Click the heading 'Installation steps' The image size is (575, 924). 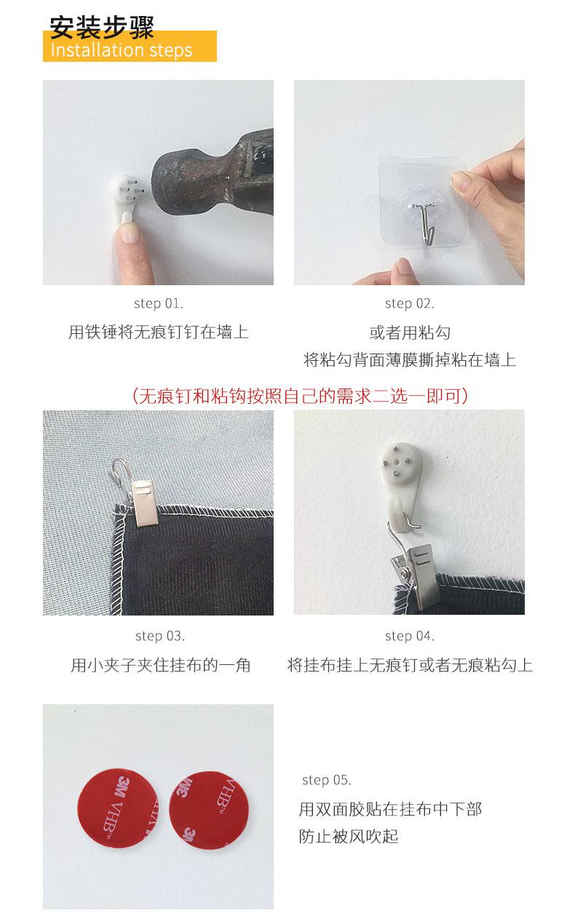tap(122, 50)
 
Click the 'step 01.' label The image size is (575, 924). tap(159, 303)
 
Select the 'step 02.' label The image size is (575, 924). tap(409, 303)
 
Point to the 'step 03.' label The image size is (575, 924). tap(159, 636)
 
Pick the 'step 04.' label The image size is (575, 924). tap(409, 636)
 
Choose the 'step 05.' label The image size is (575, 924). tap(326, 780)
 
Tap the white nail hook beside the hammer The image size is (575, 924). tap(124, 194)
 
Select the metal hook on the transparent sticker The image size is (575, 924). tap(426, 218)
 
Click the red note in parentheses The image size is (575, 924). tap(299, 396)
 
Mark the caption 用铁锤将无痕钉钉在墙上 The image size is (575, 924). tap(159, 332)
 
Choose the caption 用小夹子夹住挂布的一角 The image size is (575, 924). tap(160, 665)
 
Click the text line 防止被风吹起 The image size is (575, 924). tap(349, 836)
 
